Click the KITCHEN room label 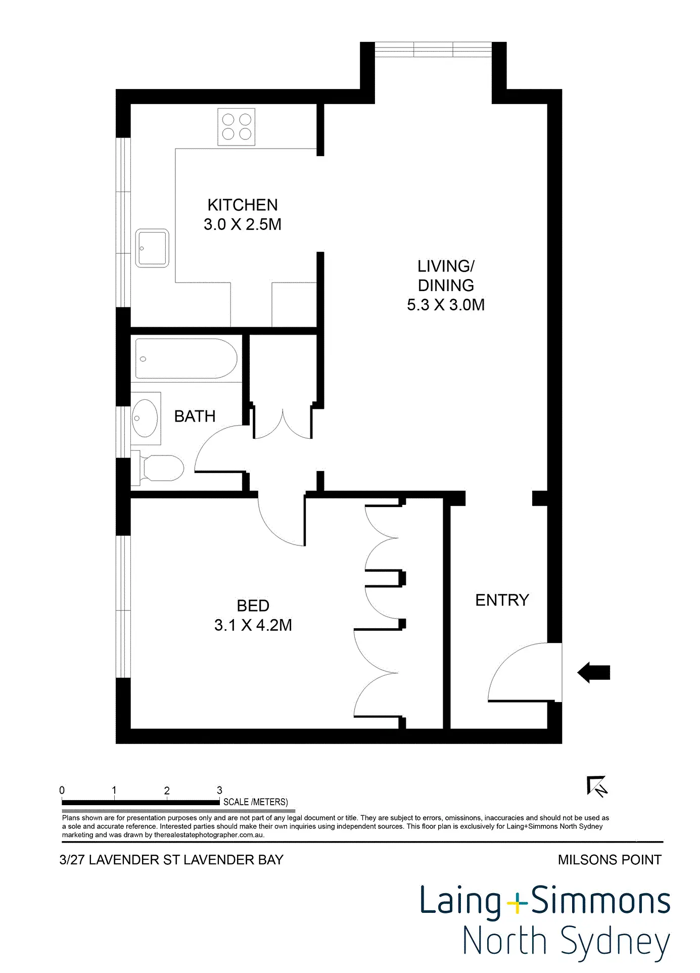pos(243,205)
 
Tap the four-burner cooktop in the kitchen pos(236,126)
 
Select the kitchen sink pos(152,248)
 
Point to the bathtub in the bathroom pos(186,359)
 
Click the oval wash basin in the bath pos(145,418)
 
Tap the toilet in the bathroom pos(162,468)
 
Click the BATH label pos(195,416)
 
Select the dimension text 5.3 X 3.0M pos(446,305)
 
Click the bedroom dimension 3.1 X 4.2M pos(253,625)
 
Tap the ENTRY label pos(502,600)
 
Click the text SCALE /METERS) pos(255,802)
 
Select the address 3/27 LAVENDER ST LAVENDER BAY pos(171,860)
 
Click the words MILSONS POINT pos(609,860)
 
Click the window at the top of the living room pos(433,49)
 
